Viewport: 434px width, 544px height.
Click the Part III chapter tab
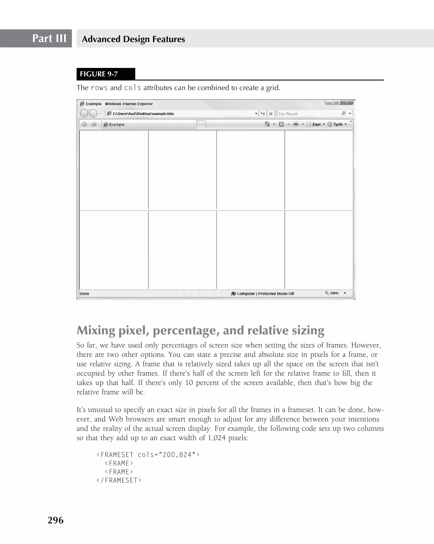(49, 38)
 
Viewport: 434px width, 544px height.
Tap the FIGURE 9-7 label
(99, 74)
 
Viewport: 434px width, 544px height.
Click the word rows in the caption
(99, 88)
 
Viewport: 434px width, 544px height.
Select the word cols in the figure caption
(132, 88)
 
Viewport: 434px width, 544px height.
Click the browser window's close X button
(347, 102)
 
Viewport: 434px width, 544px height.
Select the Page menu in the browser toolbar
(316, 124)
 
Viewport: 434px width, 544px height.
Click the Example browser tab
(149, 125)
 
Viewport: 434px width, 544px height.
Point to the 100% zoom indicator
(334, 293)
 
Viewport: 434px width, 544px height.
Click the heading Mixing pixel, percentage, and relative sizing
(200, 330)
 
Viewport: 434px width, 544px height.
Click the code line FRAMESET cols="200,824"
(148, 455)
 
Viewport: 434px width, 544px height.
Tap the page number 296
(56, 520)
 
